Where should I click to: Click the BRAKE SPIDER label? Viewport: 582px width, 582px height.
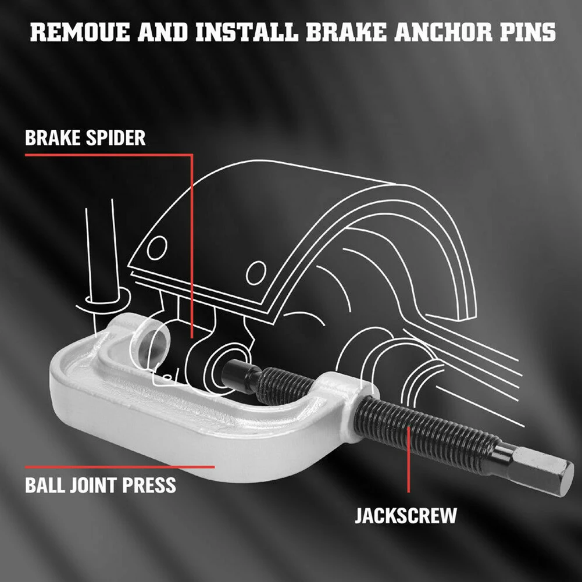(x=85, y=138)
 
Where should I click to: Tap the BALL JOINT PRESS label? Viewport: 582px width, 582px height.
(x=100, y=485)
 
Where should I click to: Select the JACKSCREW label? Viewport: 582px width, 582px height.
(x=406, y=515)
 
